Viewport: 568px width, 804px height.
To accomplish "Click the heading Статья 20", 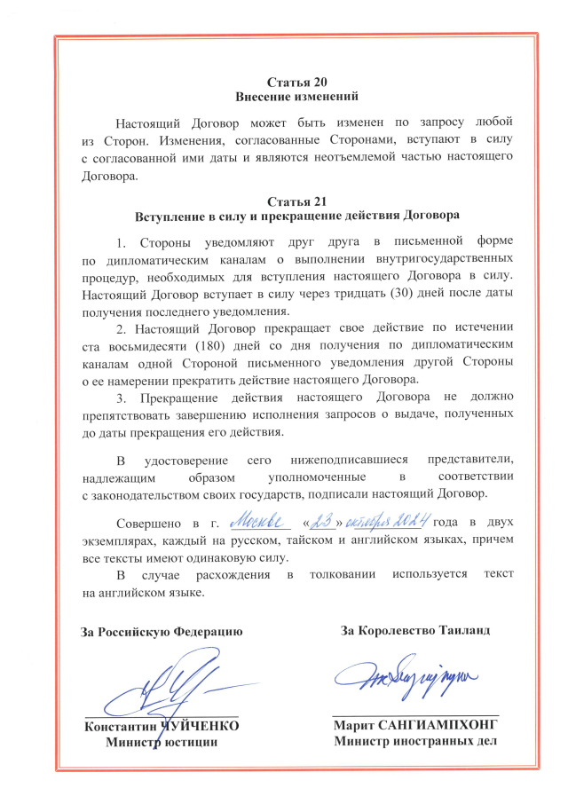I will tap(284, 81).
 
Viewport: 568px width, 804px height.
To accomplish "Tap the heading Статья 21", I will tap(284, 200).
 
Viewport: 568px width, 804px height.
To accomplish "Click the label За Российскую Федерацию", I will tap(161, 632).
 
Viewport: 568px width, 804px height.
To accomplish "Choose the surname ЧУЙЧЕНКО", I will tap(200, 726).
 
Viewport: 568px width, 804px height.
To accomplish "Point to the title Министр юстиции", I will tap(162, 742).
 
